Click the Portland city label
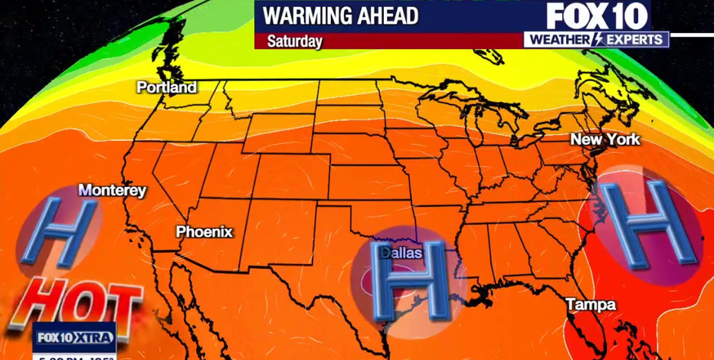pos(166,88)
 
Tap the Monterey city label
pos(112,191)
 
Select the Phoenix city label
pos(204,231)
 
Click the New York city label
pos(604,139)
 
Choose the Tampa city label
pos(590,305)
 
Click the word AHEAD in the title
pos(388,15)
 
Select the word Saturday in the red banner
pos(295,41)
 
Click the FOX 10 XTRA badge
pos(75,337)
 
